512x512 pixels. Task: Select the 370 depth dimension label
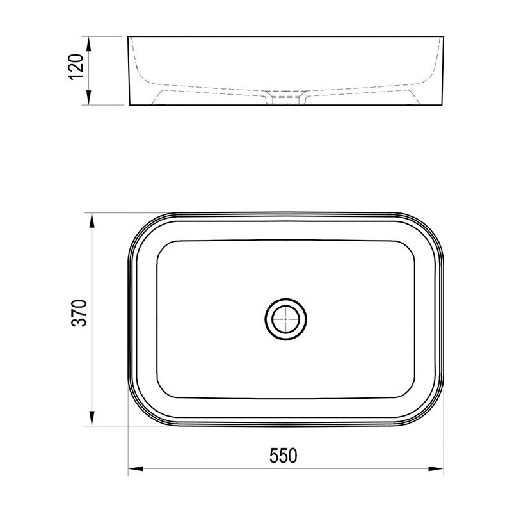click(79, 313)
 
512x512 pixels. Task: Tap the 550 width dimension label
click(284, 456)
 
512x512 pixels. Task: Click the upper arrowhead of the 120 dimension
click(88, 44)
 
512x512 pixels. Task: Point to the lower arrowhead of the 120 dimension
click(88, 97)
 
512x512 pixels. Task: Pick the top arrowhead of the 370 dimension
click(92, 221)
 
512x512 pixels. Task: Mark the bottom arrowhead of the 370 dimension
click(92, 418)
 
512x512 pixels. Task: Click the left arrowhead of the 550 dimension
click(136, 469)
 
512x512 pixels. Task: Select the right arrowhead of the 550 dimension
click(436, 469)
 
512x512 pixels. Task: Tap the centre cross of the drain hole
click(285, 319)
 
